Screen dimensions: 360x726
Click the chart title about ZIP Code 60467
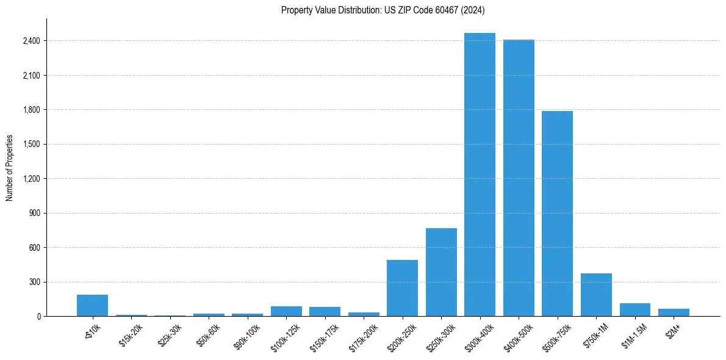pyautogui.click(x=383, y=10)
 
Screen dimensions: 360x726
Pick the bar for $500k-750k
pyautogui.click(x=557, y=214)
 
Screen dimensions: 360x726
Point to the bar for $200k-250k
pyautogui.click(x=402, y=288)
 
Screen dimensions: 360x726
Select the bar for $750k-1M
pyautogui.click(x=596, y=295)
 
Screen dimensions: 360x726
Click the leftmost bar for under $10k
pyautogui.click(x=92, y=306)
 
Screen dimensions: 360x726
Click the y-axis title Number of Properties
pyautogui.click(x=10, y=168)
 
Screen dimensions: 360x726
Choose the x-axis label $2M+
pyautogui.click(x=674, y=330)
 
